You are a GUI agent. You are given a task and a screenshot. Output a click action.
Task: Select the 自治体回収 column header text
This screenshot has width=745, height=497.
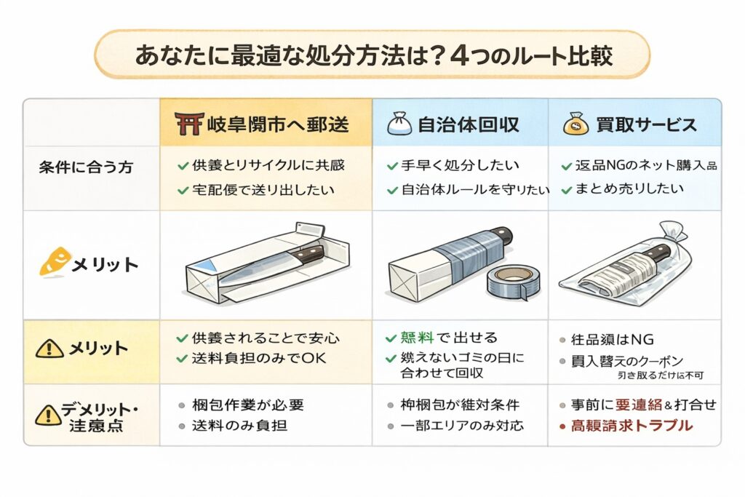tap(468, 124)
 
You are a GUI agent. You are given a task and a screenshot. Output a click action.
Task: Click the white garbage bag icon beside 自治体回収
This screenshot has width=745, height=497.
tap(399, 124)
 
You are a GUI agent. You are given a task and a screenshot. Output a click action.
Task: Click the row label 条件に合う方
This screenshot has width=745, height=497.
tap(86, 166)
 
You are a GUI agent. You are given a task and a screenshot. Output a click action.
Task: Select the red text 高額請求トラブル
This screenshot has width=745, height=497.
tap(632, 426)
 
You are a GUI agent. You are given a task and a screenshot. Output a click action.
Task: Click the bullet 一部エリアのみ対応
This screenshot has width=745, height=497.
tap(461, 426)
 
